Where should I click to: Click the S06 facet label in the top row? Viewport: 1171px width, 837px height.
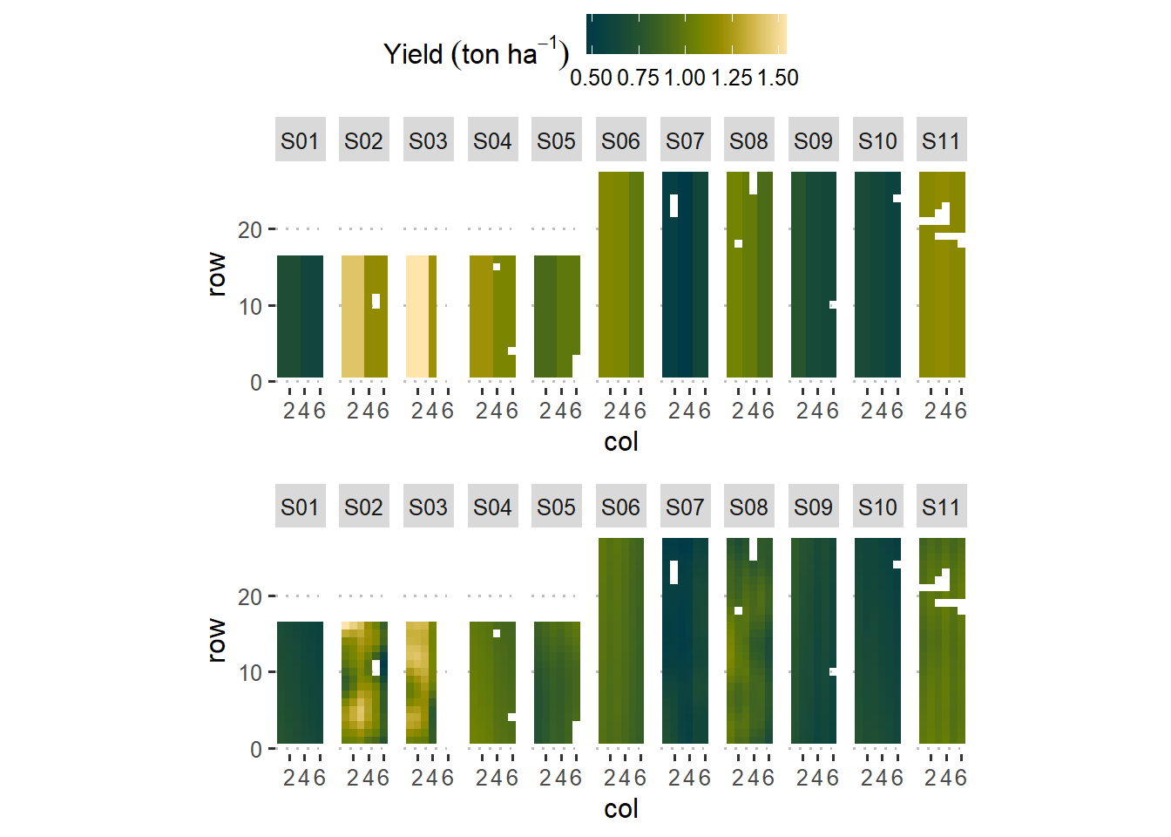620,140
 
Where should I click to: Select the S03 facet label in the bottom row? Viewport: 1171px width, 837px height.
428,507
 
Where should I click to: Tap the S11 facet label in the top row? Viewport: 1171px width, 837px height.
941,140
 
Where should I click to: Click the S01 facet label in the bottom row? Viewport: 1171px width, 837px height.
300,507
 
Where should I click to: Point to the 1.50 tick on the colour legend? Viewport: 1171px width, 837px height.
778,78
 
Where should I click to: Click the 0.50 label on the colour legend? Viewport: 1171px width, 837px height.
591,78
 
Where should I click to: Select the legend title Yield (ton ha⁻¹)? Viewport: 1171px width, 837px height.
476,54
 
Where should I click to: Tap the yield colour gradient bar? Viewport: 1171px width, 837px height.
687,34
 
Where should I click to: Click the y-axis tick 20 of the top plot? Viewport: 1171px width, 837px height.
250,230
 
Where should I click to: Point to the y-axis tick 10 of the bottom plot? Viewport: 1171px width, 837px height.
250,673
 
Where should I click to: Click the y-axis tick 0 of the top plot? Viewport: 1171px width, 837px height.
255,383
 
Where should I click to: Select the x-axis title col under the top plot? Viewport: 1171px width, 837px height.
620,442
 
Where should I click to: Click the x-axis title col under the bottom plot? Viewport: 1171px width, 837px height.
620,809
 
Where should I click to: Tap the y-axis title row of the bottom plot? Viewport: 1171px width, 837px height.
216,641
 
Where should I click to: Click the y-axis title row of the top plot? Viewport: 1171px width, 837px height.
216,275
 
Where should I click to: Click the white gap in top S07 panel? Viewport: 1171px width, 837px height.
673,205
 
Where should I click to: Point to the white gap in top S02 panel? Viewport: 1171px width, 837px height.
376,301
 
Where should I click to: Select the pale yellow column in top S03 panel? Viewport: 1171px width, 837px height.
417,316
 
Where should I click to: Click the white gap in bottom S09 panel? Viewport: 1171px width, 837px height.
833,671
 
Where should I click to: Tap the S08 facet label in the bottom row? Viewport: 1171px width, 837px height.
748,507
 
